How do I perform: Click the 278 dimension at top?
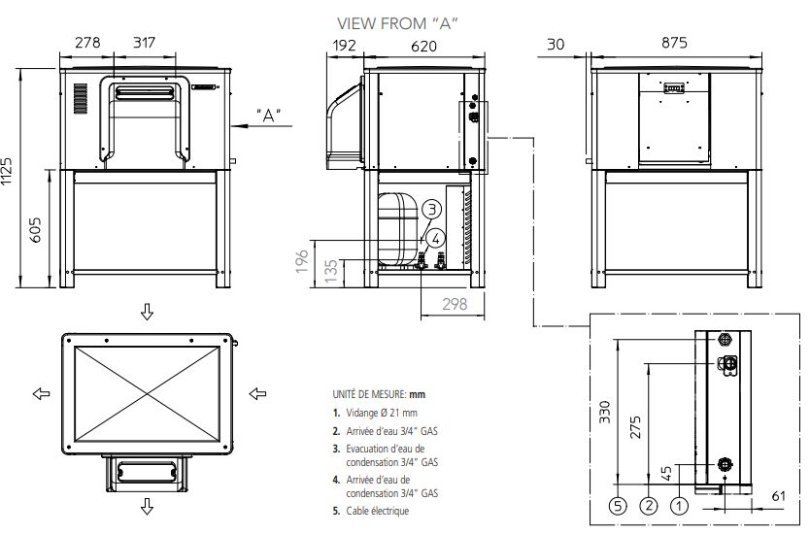tap(87, 43)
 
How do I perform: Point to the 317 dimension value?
tap(144, 43)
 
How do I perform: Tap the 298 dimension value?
tap(453, 305)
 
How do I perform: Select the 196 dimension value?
tap(302, 261)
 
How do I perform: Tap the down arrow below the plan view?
tap(147, 505)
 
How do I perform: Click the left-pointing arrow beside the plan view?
tap(40, 393)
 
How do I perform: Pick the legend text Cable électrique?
tap(376, 511)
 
